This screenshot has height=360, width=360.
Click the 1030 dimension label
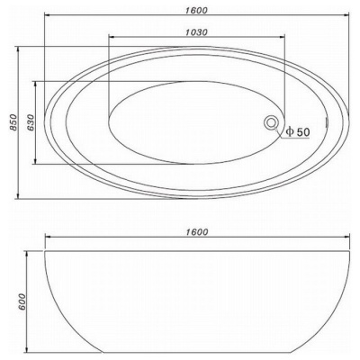point(196,32)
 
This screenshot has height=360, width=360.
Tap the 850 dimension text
point(13,122)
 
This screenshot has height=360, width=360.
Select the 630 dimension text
point(30,122)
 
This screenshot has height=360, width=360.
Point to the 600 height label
point(22,301)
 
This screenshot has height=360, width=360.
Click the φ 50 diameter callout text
point(297,131)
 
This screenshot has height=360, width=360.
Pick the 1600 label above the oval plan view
point(196,10)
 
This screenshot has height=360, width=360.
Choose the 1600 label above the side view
point(196,232)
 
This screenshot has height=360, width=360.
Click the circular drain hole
point(272,122)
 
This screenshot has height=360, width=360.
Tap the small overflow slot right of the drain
point(327,122)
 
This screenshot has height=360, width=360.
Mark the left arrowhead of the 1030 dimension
point(112,37)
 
